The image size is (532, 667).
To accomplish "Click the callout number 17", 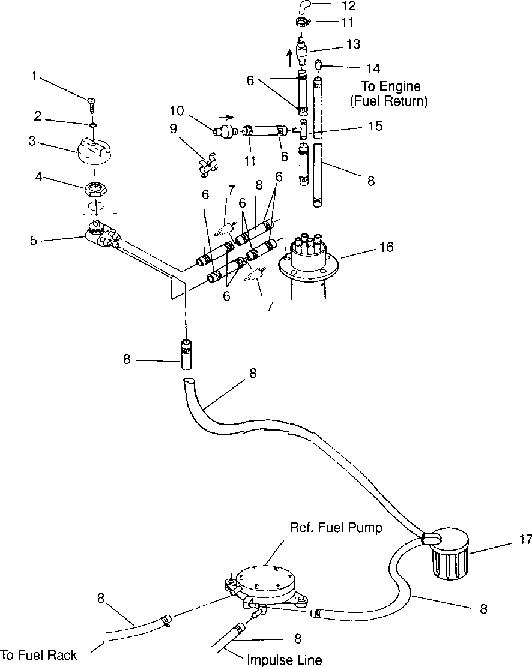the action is [525, 539].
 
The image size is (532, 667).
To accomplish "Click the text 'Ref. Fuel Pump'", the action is [336, 527].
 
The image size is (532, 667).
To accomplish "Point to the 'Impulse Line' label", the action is [285, 660].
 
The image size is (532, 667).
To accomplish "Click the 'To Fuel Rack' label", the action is [39, 654].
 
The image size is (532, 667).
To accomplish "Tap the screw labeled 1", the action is [92, 104].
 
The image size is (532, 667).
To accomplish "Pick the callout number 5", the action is [33, 241].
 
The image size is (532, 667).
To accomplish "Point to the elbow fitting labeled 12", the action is [303, 7].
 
